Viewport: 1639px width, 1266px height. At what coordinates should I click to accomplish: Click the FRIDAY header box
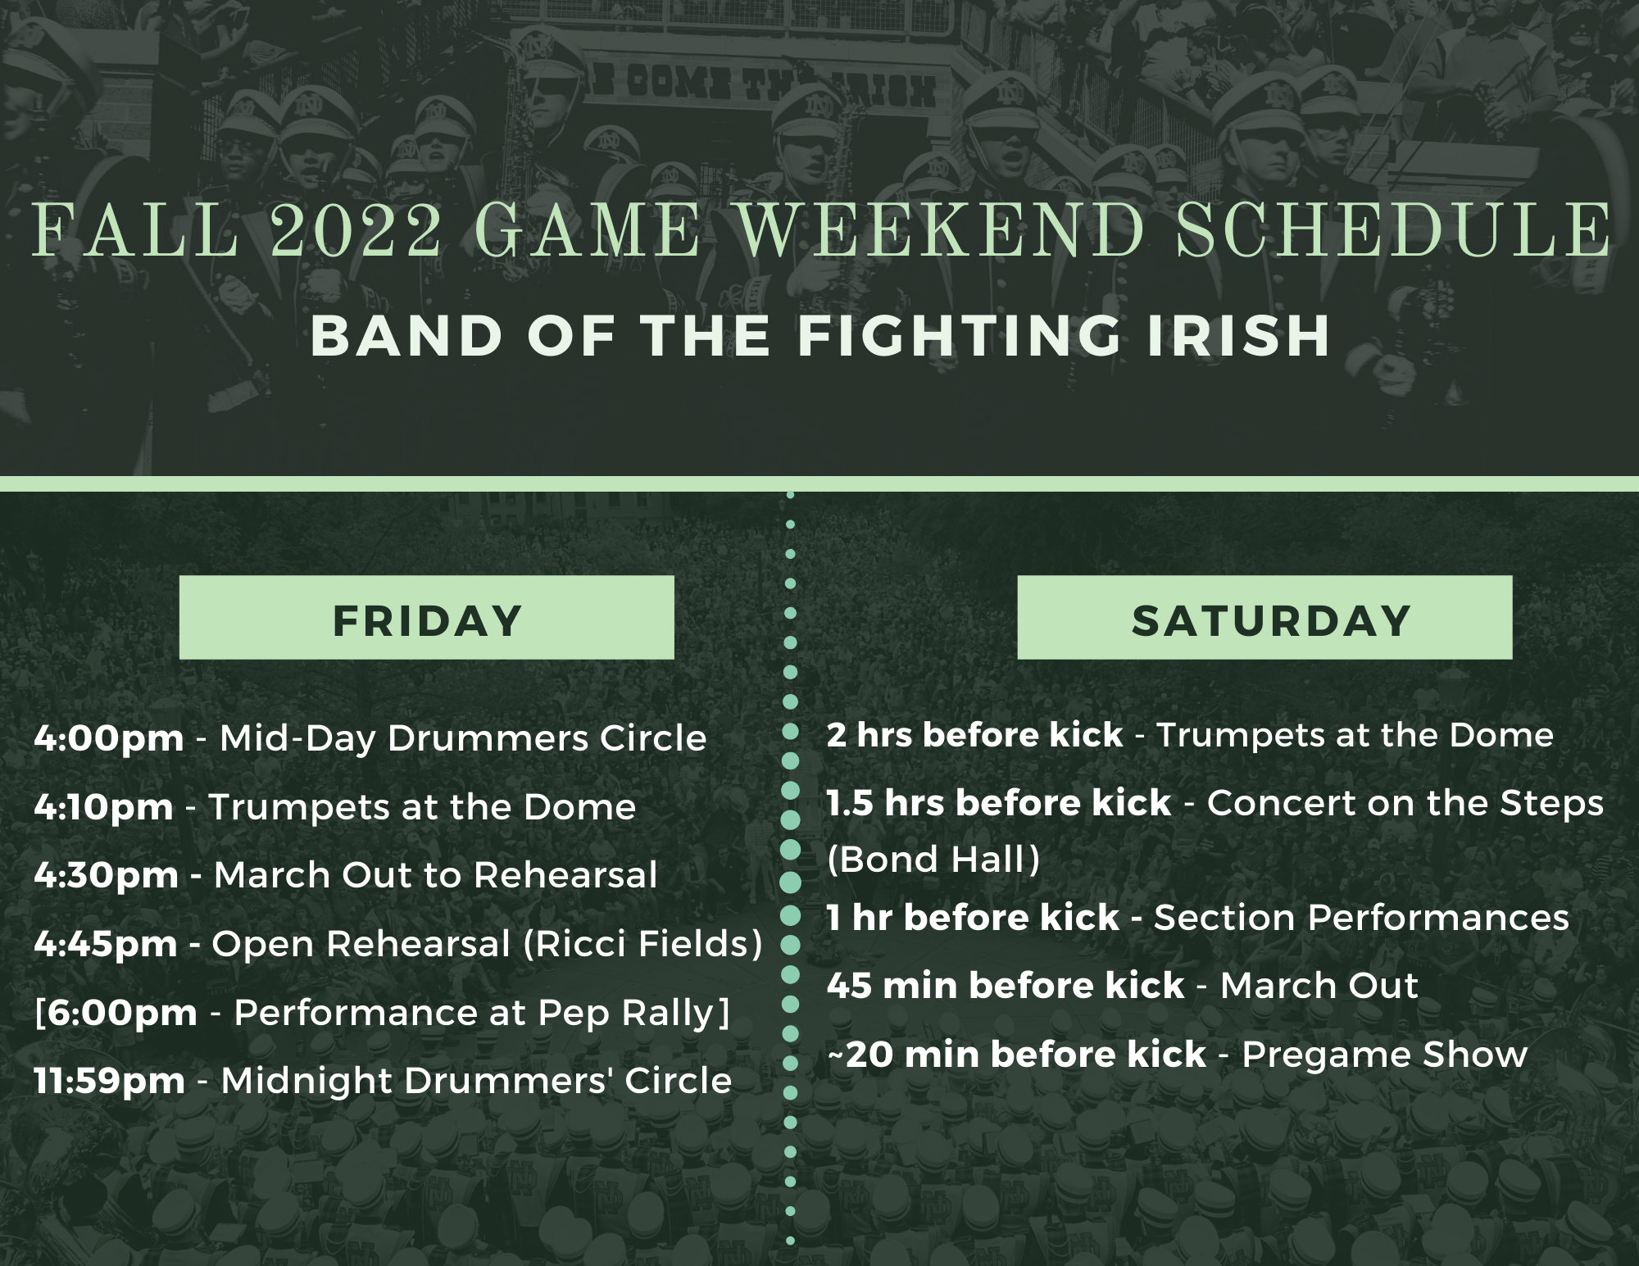coord(427,617)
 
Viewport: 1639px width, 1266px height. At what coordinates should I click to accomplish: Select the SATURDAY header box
coord(1264,617)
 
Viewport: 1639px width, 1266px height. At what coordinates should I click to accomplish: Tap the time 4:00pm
coord(109,739)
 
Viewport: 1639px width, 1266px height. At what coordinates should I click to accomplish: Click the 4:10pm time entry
coord(104,808)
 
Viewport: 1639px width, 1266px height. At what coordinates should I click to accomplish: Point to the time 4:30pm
coord(107,876)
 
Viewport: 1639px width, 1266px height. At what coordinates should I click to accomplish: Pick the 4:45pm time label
coord(106,945)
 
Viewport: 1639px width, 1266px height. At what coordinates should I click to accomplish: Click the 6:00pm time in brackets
coord(122,1013)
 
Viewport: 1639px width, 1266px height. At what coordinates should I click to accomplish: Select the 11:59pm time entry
coord(110,1082)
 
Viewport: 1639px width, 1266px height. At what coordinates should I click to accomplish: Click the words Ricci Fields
coord(642,945)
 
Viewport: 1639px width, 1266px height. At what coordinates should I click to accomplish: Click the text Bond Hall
coord(933,860)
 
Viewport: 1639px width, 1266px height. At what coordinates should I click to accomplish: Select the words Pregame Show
coord(1385,1055)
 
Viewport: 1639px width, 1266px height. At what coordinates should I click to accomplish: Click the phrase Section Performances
coord(1361,918)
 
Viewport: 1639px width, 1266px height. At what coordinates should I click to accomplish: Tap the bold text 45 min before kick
coord(1006,986)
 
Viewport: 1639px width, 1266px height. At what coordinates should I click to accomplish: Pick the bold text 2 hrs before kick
coord(975,736)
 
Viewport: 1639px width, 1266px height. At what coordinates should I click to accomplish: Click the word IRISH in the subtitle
coord(1237,335)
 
